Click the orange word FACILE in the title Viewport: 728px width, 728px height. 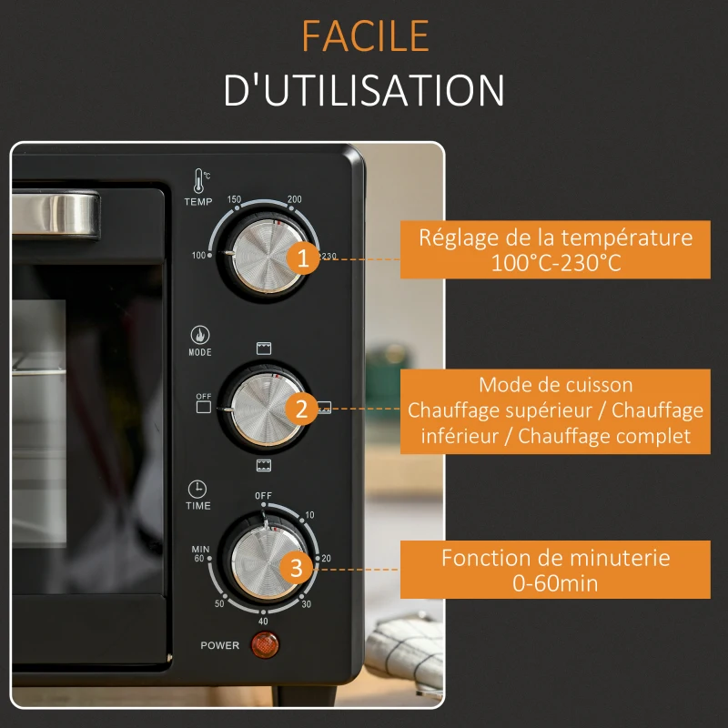click(366, 35)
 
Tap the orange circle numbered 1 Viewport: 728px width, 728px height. click(303, 258)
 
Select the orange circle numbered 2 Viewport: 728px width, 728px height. click(301, 409)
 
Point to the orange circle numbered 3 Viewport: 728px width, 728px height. click(297, 568)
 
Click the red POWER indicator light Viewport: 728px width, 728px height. click(265, 644)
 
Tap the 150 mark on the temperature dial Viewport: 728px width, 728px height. click(234, 199)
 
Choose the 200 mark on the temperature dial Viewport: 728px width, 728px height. click(294, 199)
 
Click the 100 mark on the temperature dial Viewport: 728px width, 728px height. click(198, 256)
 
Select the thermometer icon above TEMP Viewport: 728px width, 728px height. click(200, 180)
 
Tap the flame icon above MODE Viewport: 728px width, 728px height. click(200, 335)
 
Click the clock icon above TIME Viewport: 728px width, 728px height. click(197, 490)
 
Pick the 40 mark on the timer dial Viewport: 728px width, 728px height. click(263, 622)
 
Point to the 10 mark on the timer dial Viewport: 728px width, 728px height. click(309, 515)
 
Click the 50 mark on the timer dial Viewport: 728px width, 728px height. click(219, 603)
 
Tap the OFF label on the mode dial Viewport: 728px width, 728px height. click(203, 396)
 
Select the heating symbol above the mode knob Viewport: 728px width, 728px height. click(264, 349)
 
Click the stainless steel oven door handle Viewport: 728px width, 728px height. click(56, 214)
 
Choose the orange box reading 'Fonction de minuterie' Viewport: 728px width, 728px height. click(555, 570)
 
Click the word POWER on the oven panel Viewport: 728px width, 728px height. click(219, 645)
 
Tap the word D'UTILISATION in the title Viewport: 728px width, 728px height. click(364, 89)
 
